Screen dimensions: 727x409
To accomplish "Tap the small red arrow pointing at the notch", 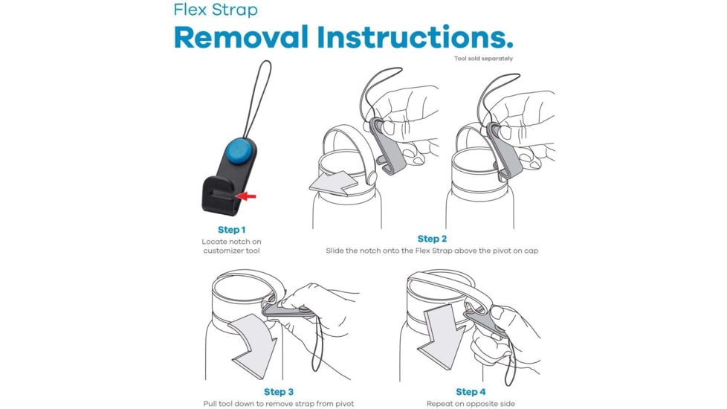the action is click(x=247, y=196).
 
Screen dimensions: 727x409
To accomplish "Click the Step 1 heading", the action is click(x=232, y=230).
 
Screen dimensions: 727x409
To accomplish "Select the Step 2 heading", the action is click(x=432, y=239).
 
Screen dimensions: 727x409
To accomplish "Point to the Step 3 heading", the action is click(x=279, y=392).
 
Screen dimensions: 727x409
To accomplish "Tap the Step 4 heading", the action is click(x=471, y=392).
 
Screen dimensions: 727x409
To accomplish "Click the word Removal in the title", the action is click(x=241, y=37).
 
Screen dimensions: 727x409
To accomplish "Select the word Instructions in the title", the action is click(x=416, y=37).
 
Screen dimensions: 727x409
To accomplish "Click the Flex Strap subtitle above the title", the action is click(x=216, y=10).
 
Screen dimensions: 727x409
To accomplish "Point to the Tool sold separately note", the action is click(x=484, y=59).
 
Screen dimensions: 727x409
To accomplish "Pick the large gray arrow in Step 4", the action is click(x=442, y=336).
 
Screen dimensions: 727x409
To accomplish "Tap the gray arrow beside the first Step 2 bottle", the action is click(x=335, y=183).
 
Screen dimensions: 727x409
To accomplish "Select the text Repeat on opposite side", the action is click(x=471, y=404).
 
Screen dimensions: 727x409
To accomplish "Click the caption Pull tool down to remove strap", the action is click(x=278, y=404).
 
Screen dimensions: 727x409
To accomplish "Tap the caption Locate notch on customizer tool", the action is click(x=231, y=246).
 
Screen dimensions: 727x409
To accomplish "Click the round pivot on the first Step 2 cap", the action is click(x=372, y=178).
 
